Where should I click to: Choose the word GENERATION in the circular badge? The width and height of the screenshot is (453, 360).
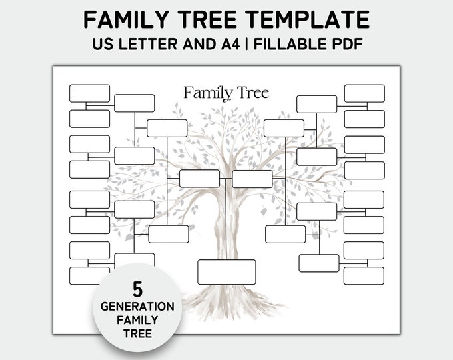138,307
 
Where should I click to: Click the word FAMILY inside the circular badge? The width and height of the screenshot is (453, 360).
138,320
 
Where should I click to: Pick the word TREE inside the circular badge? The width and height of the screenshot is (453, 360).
138,333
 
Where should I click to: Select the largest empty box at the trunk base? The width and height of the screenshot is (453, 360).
226,271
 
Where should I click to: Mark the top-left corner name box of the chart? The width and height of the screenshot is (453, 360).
89,93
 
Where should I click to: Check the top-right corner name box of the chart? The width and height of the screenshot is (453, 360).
364,93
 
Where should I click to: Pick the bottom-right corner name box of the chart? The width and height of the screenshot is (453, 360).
364,275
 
